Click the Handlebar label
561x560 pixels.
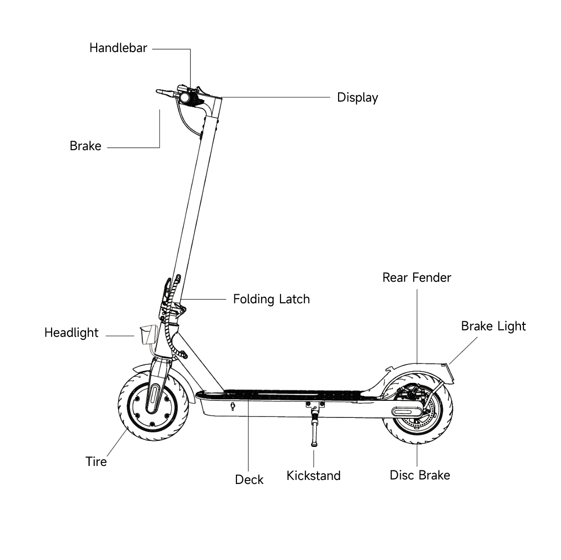click(118, 48)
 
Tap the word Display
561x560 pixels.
click(357, 97)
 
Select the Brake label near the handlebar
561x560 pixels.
click(85, 146)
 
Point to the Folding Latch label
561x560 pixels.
click(271, 299)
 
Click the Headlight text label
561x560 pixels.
click(71, 333)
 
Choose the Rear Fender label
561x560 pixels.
click(416, 277)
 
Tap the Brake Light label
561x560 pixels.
click(493, 326)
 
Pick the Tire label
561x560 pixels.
click(96, 461)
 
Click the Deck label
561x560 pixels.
click(249, 479)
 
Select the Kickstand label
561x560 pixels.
click(313, 475)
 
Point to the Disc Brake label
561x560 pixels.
click(420, 475)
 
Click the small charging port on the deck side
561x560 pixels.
click(232, 406)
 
